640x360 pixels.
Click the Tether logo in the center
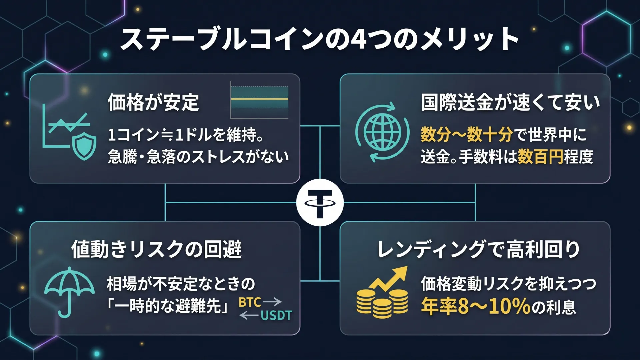320,202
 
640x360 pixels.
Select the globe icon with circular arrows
382,132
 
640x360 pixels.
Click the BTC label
250,302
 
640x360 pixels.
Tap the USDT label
276,315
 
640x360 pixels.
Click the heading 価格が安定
153,102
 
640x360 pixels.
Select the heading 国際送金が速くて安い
510,102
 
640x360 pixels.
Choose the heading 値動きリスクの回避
156,249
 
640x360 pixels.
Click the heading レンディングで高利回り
479,249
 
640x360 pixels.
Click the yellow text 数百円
540,156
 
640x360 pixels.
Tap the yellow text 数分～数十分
467,134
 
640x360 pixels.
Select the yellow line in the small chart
259,99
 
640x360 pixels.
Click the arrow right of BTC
272,302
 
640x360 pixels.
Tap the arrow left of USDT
249,315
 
